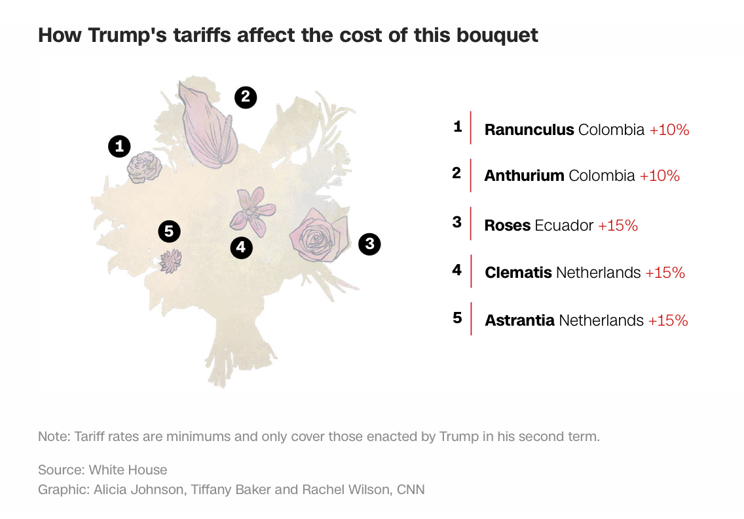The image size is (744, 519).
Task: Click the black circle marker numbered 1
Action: tap(119, 146)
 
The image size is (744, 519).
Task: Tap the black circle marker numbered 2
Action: tap(246, 98)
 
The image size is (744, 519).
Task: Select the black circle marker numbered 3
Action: tap(369, 244)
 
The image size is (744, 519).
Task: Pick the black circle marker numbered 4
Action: tap(241, 247)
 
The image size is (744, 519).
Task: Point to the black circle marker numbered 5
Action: tap(169, 231)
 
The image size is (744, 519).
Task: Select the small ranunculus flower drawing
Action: tap(144, 167)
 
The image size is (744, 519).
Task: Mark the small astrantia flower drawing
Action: tap(171, 261)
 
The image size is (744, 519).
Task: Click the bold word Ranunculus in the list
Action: tap(529, 130)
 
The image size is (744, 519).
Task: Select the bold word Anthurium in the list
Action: tap(524, 176)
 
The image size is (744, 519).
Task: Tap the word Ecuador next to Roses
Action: tap(564, 225)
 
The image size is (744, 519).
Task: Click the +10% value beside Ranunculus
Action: tap(669, 130)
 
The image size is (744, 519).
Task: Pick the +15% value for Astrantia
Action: tap(668, 320)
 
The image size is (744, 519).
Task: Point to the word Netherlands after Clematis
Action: tap(598, 273)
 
